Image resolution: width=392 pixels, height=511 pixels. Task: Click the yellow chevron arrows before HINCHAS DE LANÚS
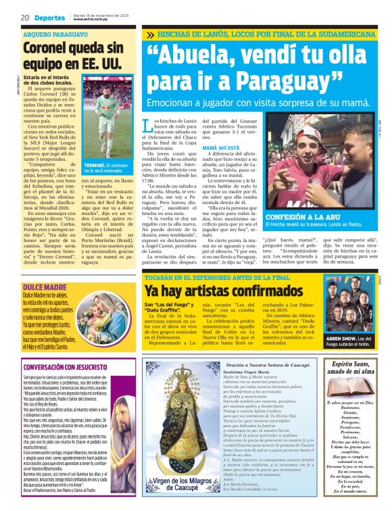pos(151,34)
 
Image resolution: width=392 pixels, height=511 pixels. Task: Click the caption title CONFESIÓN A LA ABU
pos(304,216)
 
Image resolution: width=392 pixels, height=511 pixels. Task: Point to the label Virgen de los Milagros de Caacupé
pos(182,483)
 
